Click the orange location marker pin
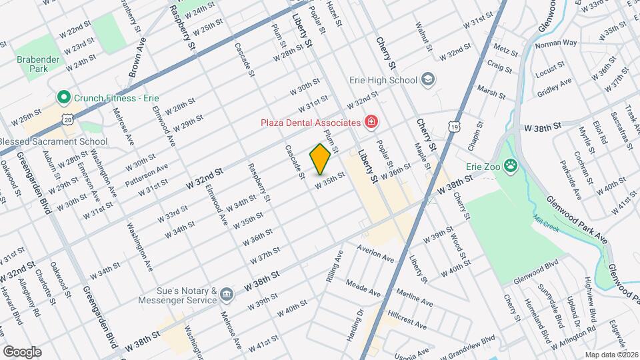pos(320,159)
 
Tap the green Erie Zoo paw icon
pos(511,165)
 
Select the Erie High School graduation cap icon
pos(427,80)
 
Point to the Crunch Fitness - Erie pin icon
pos(64,97)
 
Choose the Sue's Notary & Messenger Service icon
pos(227,294)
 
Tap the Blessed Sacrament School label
pos(53,141)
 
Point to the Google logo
pos(22,351)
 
